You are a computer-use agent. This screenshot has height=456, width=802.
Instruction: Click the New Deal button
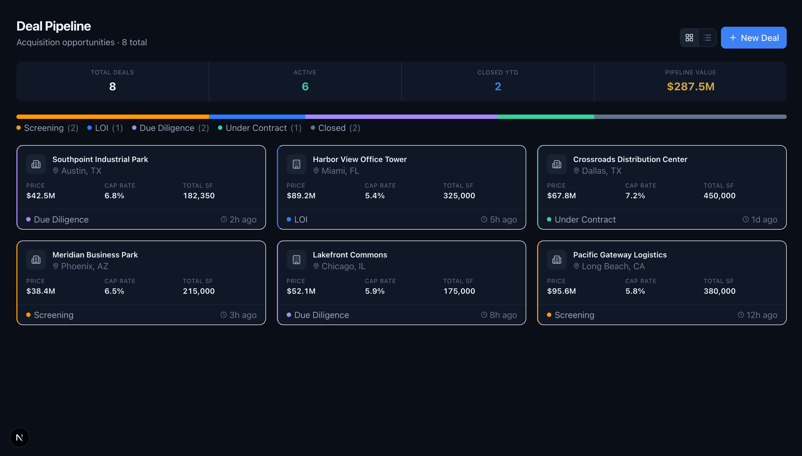[x=753, y=38]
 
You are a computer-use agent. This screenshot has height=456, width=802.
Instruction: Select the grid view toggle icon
[x=689, y=38]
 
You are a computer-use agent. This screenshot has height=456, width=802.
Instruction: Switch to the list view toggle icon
[x=707, y=38]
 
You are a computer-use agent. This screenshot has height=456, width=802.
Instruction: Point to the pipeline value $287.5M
[x=690, y=86]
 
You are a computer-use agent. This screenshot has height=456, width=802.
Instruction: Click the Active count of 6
[x=305, y=86]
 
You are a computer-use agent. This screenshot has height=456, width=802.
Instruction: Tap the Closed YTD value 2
[x=498, y=86]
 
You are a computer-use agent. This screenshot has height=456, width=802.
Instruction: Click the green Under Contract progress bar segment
[x=546, y=117]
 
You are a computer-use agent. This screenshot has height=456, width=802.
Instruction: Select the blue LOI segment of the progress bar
[x=257, y=117]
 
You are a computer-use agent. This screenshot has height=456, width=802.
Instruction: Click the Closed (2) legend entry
[x=335, y=128]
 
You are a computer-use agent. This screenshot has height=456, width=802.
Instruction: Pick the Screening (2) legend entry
[x=47, y=128]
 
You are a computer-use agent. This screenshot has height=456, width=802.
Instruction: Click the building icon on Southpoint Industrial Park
[x=36, y=164]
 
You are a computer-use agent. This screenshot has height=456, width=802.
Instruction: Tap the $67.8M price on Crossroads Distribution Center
[x=561, y=196]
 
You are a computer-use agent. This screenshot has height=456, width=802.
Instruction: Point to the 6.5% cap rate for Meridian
[x=114, y=291]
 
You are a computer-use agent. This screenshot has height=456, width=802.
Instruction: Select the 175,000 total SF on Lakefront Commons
[x=459, y=291]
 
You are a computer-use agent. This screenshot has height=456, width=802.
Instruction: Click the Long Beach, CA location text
[x=613, y=266]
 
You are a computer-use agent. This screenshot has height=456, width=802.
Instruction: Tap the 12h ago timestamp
[x=761, y=315]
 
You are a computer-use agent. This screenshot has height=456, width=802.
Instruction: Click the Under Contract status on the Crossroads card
[x=585, y=220]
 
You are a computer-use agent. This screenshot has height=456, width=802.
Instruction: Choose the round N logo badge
[x=19, y=437]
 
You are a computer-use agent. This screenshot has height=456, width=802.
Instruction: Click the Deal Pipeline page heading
[x=53, y=26]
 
